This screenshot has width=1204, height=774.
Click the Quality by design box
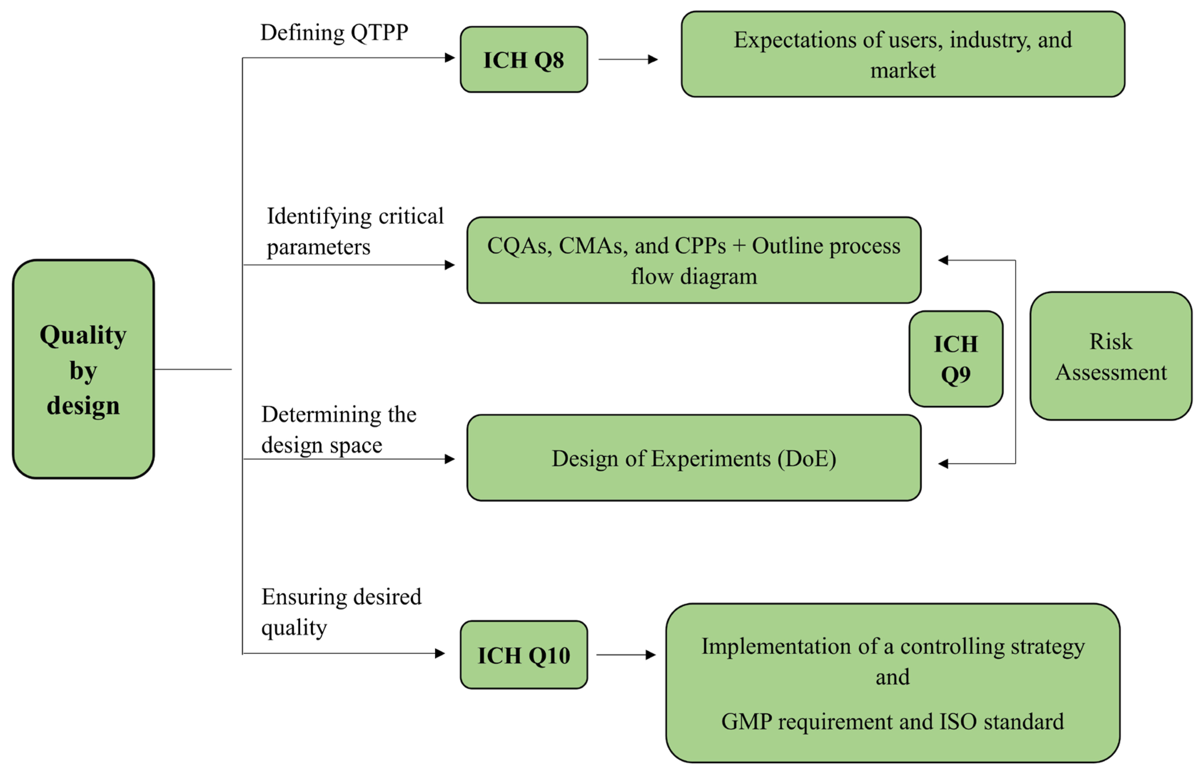coord(83,369)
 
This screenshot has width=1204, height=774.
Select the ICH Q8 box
coord(523,60)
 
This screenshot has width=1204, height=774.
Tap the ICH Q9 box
coord(955,359)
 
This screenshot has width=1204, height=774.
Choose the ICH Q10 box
coord(523,655)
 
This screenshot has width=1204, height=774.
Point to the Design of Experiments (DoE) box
coord(693,458)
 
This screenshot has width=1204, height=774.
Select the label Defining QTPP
coord(334,33)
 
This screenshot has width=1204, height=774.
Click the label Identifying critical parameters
coord(354,231)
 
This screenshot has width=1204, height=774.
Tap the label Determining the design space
coord(338,430)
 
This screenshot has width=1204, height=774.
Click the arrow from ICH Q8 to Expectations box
coord(628,59)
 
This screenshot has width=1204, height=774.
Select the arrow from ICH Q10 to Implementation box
coord(626,655)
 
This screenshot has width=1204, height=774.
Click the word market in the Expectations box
coord(903,70)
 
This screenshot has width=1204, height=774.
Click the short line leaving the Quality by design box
coord(193,369)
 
